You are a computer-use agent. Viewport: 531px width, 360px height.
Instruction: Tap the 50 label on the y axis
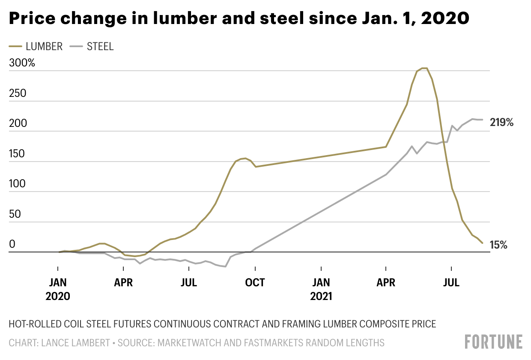click(15, 214)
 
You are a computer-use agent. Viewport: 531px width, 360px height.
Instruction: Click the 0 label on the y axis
click(12, 244)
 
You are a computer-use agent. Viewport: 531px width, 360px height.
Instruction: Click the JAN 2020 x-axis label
click(57, 289)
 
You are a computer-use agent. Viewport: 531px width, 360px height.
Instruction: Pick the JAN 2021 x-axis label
click(321, 289)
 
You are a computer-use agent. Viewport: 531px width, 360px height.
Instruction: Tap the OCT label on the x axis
click(255, 282)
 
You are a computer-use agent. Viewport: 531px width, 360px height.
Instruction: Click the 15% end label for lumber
click(499, 245)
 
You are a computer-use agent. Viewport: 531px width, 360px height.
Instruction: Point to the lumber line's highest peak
click(424, 68)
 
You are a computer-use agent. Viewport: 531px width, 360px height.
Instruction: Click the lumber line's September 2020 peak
click(244, 158)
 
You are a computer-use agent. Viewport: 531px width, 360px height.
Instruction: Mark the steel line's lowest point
click(225, 267)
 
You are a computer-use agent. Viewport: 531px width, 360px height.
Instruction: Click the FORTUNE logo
click(494, 342)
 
